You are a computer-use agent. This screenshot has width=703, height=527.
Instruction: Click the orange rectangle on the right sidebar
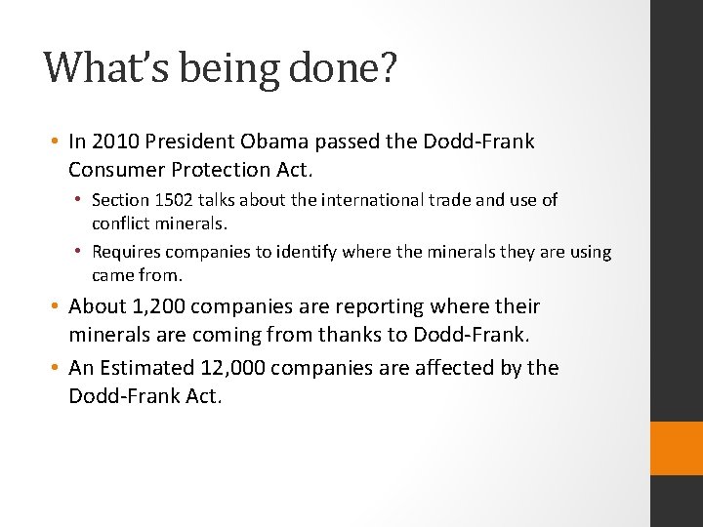tap(677, 448)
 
